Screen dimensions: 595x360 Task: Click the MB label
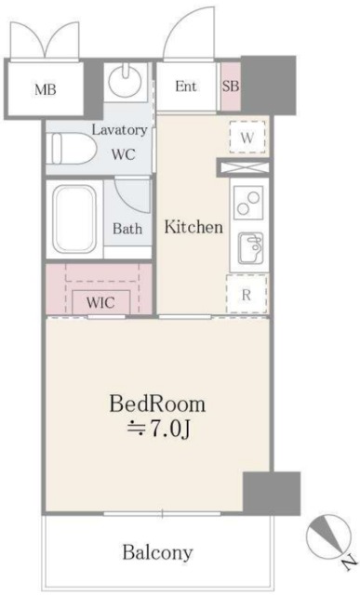click(45, 89)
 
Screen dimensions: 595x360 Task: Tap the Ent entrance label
click(186, 86)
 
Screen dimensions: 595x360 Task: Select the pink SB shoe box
click(231, 86)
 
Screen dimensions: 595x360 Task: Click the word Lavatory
click(119, 130)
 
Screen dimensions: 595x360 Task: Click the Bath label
click(127, 228)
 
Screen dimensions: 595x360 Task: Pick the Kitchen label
click(193, 227)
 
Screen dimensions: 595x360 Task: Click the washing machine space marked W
click(247, 138)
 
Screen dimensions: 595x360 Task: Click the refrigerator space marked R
click(247, 295)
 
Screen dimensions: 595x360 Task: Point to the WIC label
click(100, 302)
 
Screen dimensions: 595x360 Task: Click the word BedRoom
click(157, 405)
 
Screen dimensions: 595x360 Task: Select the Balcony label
click(157, 552)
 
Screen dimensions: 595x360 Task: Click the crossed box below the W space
click(243, 168)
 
